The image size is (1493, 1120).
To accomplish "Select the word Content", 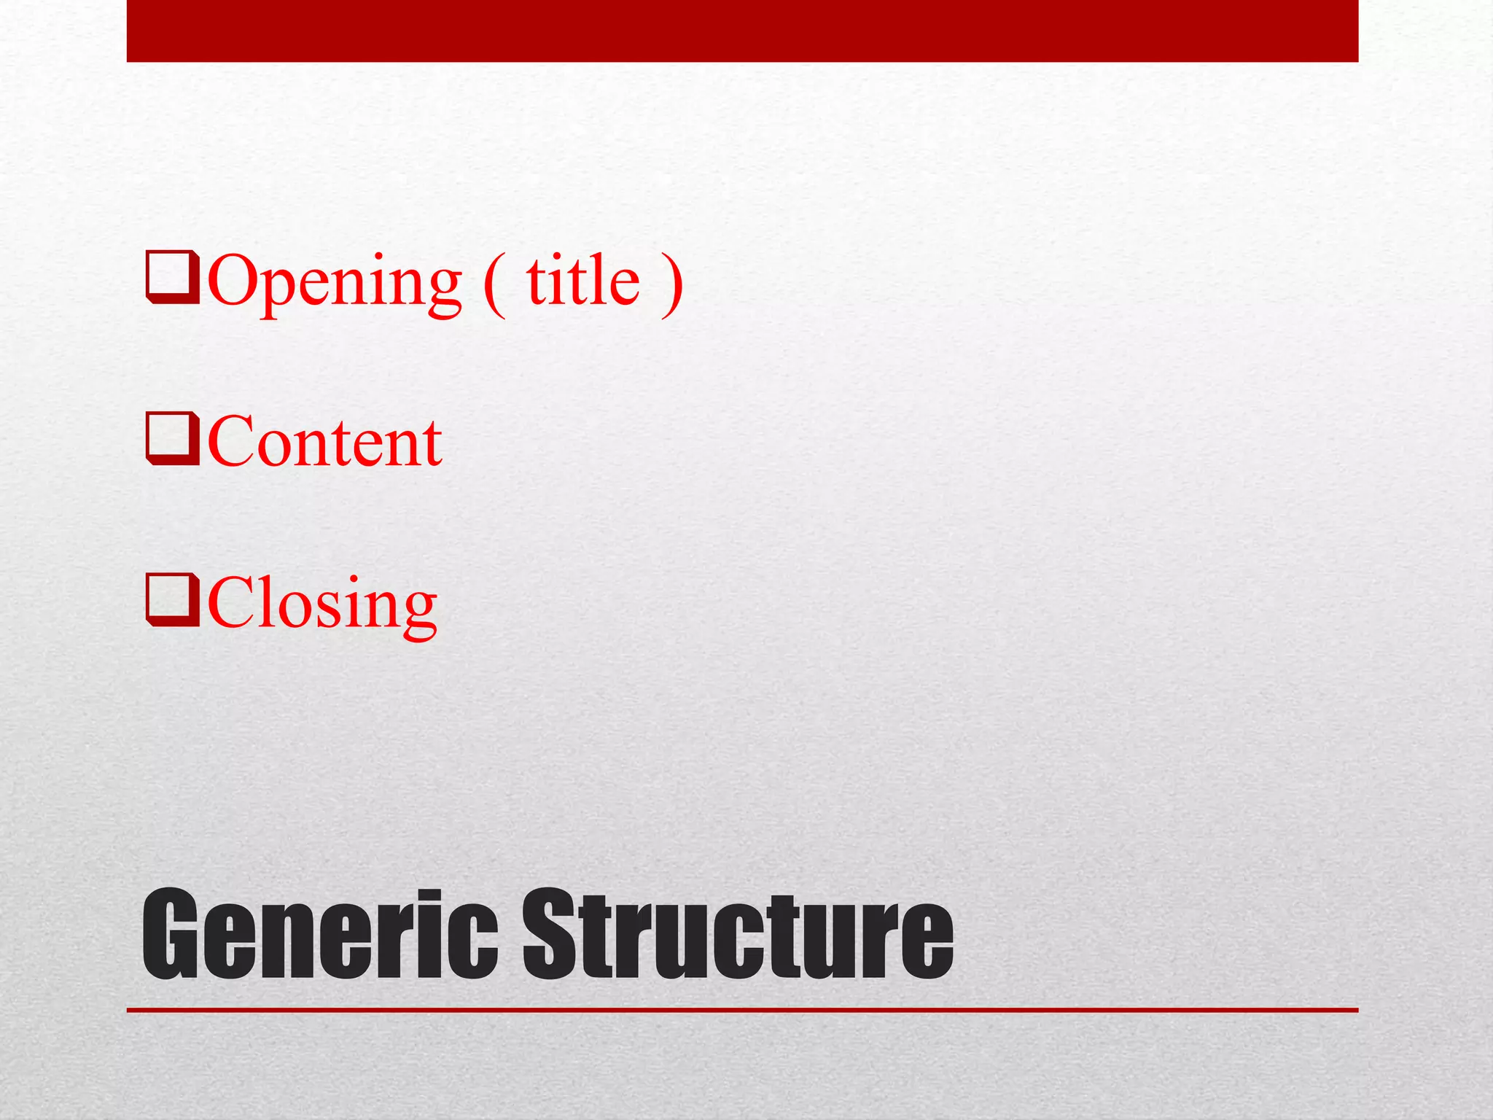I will point(324,442).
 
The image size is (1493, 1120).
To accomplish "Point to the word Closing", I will point(322,604).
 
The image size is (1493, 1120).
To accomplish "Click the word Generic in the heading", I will point(320,935).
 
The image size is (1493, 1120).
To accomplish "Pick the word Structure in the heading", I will point(738,935).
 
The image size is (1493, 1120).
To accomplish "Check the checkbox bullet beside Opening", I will point(173,277).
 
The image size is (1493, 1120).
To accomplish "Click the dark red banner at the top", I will point(742,31).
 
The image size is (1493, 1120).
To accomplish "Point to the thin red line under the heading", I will point(742,1010).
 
